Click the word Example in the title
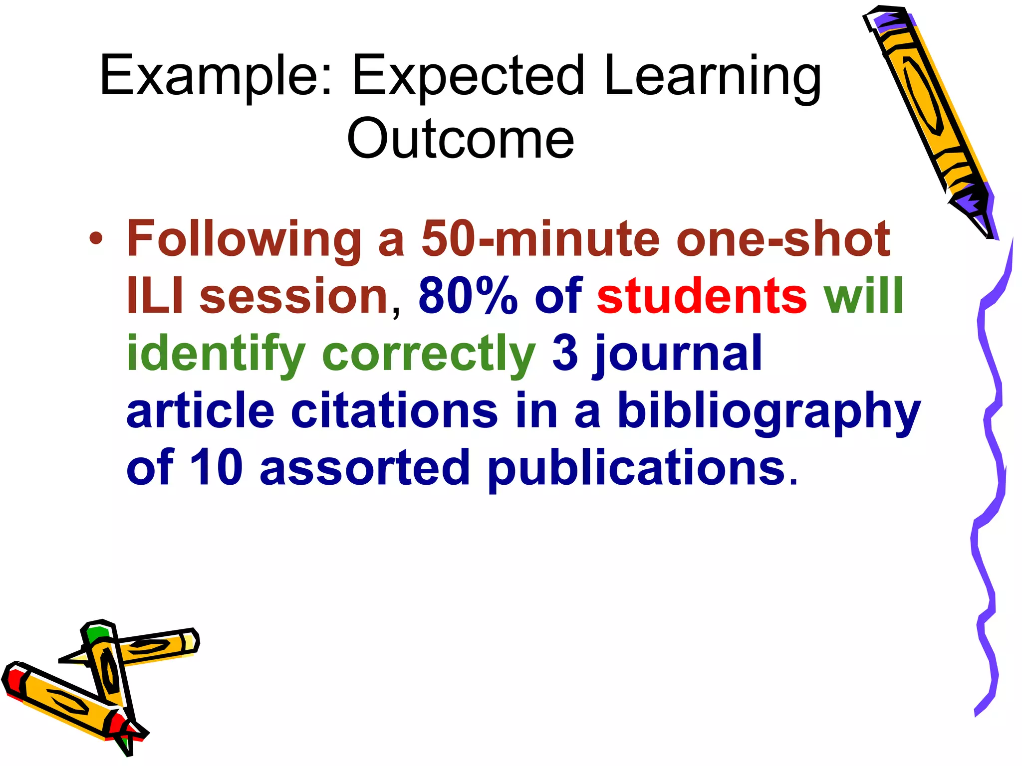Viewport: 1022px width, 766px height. coord(210,76)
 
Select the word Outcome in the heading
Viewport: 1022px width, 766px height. coord(460,138)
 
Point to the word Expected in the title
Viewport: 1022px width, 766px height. coord(468,76)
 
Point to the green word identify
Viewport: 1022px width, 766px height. coord(216,354)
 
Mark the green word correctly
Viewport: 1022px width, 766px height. coord(429,354)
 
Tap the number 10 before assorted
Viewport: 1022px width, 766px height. coord(216,467)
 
